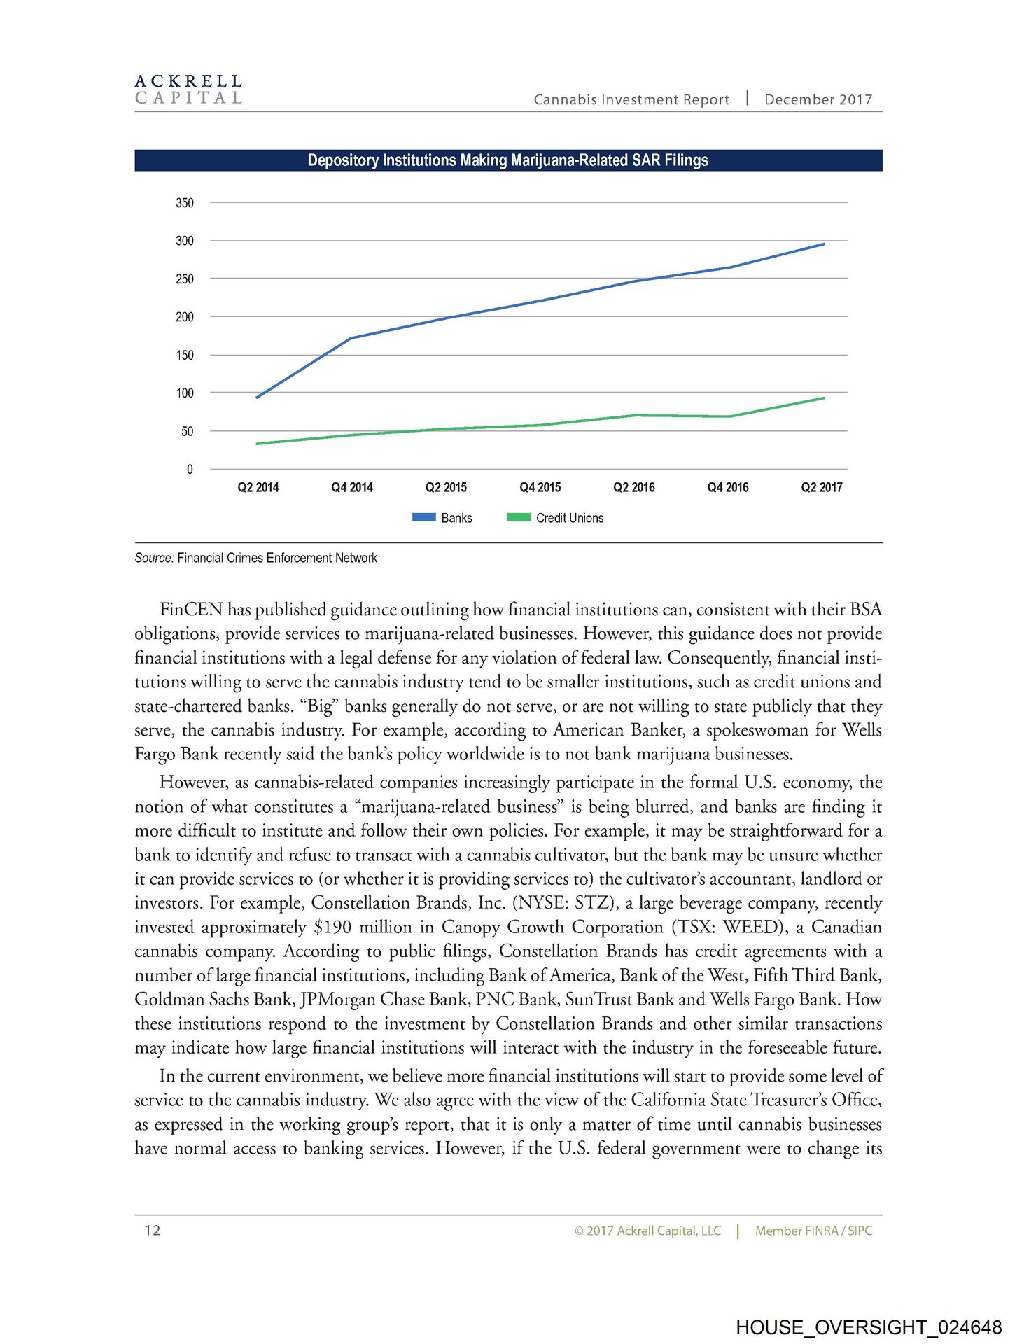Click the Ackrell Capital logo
click(188, 90)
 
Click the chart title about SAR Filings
click(507, 160)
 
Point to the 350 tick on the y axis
click(185, 203)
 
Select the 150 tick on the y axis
click(185, 356)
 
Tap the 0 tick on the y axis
click(190, 470)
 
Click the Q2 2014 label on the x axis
click(258, 488)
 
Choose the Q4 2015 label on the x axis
click(540, 488)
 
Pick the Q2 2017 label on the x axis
click(822, 488)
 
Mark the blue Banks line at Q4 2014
click(351, 338)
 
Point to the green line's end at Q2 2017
click(823, 398)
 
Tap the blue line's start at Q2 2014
click(258, 397)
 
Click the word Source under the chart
click(153, 558)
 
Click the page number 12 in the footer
click(153, 1230)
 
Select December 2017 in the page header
click(818, 99)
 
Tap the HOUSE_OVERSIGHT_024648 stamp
click(869, 1326)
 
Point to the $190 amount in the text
click(332, 927)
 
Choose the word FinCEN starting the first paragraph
click(191, 610)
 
